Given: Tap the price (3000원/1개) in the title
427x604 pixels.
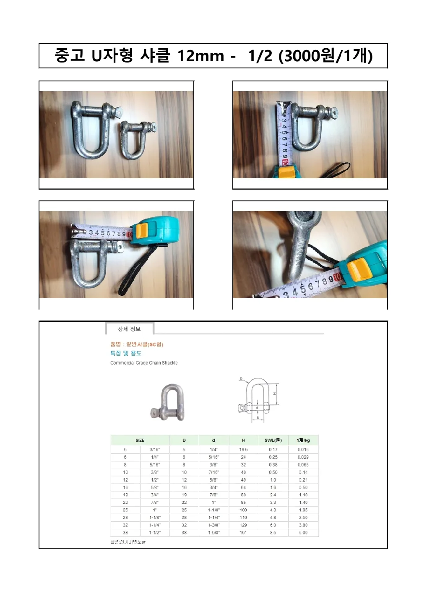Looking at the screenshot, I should [x=325, y=55].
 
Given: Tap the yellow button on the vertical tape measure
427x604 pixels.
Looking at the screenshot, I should [x=286, y=172].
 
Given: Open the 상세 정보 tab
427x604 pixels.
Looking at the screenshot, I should [x=129, y=329].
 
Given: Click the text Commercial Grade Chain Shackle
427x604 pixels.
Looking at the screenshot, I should [x=144, y=363].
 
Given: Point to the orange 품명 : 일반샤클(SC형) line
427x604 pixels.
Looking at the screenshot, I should [x=137, y=344].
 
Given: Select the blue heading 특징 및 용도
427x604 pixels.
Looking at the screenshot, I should [x=126, y=353].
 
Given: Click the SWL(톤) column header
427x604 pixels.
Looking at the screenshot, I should [x=273, y=440].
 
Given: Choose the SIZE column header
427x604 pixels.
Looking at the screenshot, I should [x=140, y=440].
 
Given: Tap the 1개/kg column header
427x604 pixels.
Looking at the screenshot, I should [x=303, y=440].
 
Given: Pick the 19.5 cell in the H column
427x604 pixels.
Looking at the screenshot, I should [x=243, y=450].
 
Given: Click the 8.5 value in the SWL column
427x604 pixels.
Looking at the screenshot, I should [x=273, y=533].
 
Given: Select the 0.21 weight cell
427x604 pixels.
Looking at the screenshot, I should [x=303, y=480].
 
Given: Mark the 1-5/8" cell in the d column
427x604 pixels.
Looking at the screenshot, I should [x=213, y=533].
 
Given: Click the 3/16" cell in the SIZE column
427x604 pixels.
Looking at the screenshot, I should [x=154, y=450].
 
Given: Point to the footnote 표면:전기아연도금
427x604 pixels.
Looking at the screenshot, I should [x=128, y=542].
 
